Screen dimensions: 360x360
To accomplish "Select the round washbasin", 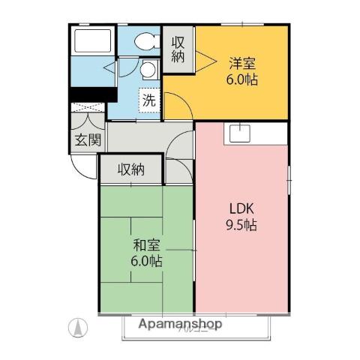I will (148, 70).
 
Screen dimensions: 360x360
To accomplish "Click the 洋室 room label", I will (242, 63).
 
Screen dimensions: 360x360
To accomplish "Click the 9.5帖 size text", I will (241, 225).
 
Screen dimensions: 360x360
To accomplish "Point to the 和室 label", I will (146, 245).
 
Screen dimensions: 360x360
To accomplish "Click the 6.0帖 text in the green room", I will (146, 262).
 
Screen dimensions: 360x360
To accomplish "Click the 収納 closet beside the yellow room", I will (178, 49).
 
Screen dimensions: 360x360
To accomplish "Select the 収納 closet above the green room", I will (130, 169).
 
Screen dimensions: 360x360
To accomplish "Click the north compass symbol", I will (77, 326).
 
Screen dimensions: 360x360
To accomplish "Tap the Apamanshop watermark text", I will (180, 325).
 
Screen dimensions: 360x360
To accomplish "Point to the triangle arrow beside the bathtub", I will (109, 69).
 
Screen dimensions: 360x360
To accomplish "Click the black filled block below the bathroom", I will (91, 94).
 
